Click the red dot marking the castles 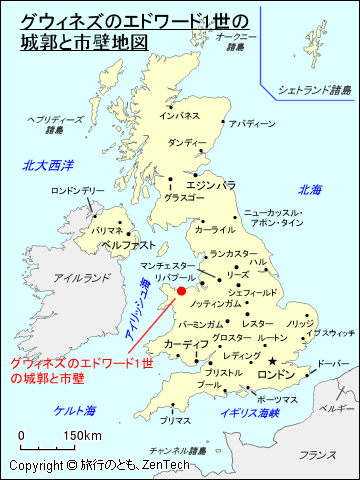181,291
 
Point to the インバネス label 180,116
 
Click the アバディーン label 251,124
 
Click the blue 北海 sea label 310,189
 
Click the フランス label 317,455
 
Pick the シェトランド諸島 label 314,89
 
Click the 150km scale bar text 82,436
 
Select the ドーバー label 333,363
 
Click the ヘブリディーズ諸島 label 45,124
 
